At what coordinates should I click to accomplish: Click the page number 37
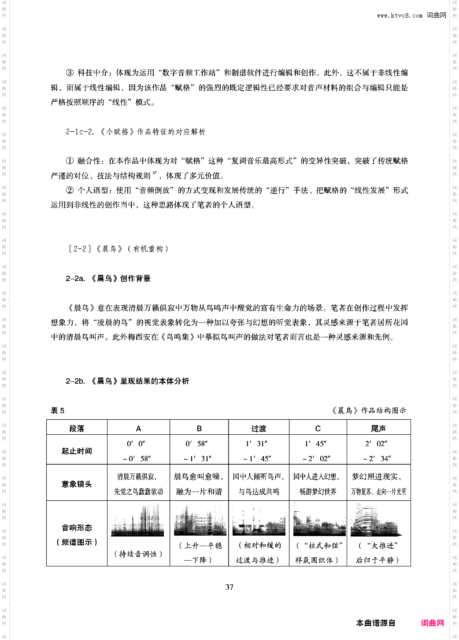click(229, 587)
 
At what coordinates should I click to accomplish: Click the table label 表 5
click(58, 411)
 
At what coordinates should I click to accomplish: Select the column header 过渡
click(259, 428)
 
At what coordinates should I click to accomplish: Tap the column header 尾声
click(378, 428)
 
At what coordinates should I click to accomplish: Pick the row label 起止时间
click(77, 451)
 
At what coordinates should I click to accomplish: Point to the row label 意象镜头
click(77, 484)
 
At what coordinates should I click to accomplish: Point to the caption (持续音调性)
click(138, 554)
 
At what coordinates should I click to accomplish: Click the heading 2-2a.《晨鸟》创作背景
click(108, 278)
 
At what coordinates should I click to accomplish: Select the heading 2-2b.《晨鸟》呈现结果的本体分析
click(127, 381)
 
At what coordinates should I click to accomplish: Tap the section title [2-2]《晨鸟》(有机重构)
click(118, 249)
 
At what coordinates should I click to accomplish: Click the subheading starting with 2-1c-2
click(136, 132)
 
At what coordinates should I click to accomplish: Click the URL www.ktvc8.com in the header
click(400, 15)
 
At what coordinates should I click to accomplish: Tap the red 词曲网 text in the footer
click(432, 623)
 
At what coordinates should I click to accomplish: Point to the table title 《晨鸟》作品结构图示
click(369, 411)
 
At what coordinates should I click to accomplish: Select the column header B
click(199, 428)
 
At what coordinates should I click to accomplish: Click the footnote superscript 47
click(154, 174)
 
